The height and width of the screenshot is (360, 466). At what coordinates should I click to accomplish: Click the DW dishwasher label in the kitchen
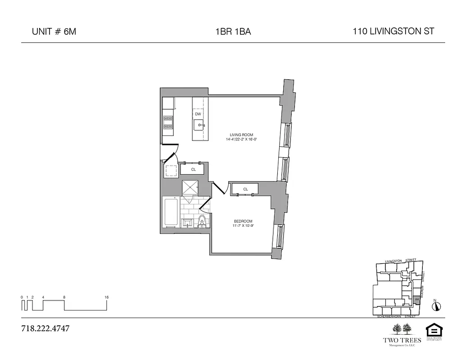pos(198,114)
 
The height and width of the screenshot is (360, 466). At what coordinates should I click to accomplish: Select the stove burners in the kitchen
pos(168,123)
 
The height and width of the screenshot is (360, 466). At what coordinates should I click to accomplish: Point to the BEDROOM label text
pos(243,221)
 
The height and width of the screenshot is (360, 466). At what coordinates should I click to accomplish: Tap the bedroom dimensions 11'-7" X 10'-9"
pos(243,226)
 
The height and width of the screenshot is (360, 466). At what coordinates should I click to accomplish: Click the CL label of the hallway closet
pos(193,170)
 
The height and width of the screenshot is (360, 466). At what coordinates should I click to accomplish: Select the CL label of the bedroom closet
pos(245,189)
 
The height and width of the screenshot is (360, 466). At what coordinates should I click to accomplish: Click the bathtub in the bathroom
pos(171,213)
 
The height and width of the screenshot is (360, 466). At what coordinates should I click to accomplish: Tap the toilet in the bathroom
pos(202,220)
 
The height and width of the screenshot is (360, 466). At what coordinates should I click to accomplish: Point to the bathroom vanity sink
pos(187,222)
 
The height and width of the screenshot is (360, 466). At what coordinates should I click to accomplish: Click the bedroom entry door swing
pos(219,189)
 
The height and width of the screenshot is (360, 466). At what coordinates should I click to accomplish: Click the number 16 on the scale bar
pos(107,297)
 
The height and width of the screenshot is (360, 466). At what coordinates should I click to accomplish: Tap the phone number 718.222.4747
pos(45,328)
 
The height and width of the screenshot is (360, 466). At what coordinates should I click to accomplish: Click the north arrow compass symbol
pos(436,306)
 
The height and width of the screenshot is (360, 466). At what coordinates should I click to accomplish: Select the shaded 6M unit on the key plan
pos(417,299)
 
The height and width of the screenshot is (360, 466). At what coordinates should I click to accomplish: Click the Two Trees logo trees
pos(402,328)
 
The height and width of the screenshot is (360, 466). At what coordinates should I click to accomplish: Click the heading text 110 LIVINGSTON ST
pos(394,31)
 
